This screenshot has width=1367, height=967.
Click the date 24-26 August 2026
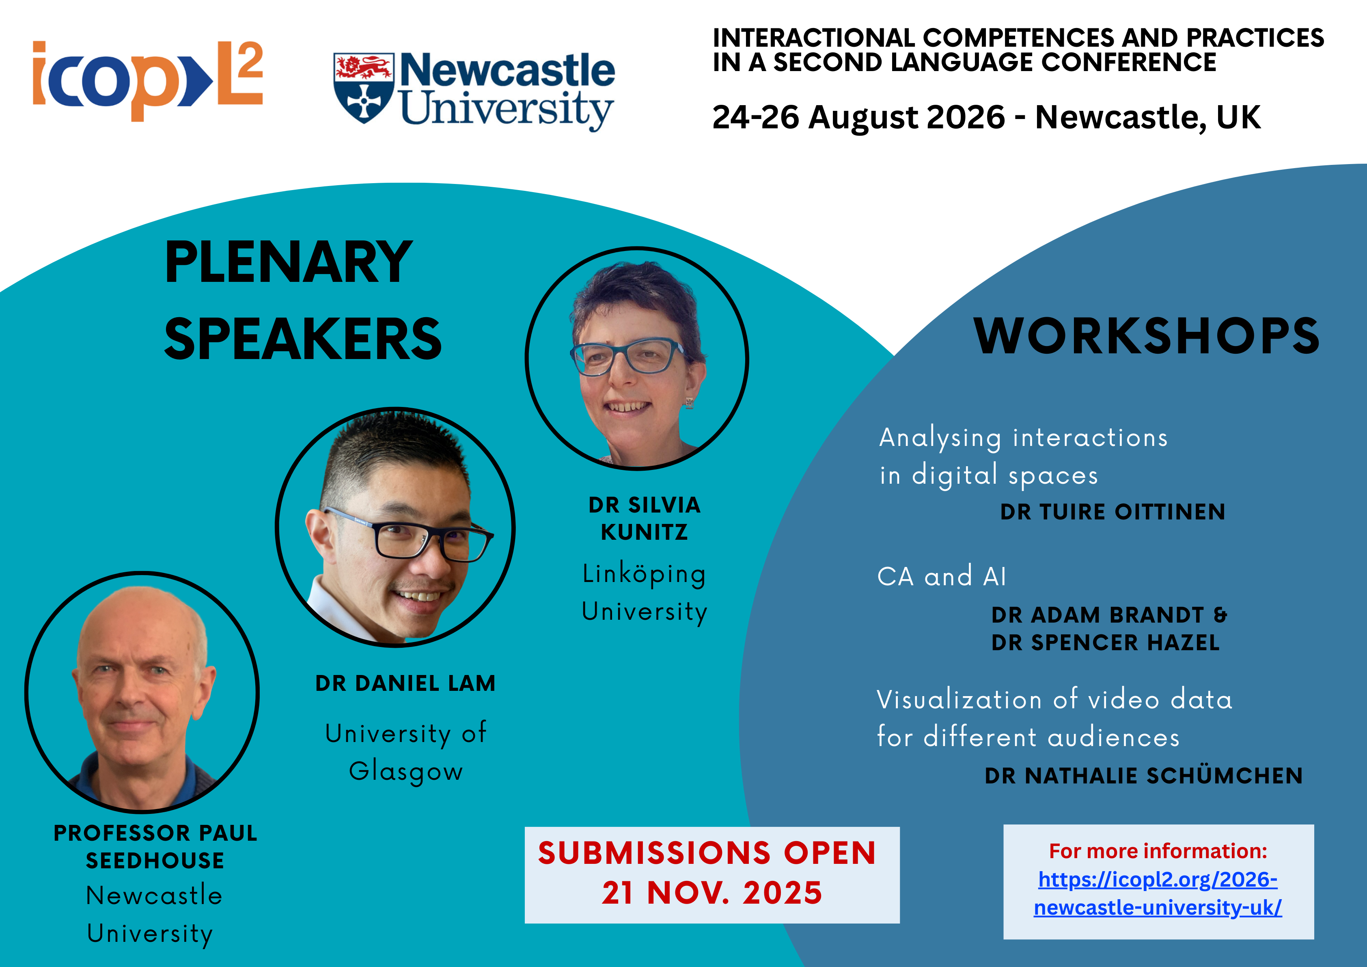[x=858, y=117]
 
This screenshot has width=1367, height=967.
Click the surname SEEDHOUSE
[x=155, y=860]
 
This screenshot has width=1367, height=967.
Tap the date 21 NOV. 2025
[x=712, y=893]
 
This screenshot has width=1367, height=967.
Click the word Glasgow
[x=406, y=772]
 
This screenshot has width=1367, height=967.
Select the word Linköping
[x=644, y=574]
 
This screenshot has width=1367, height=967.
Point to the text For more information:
[x=1158, y=851]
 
